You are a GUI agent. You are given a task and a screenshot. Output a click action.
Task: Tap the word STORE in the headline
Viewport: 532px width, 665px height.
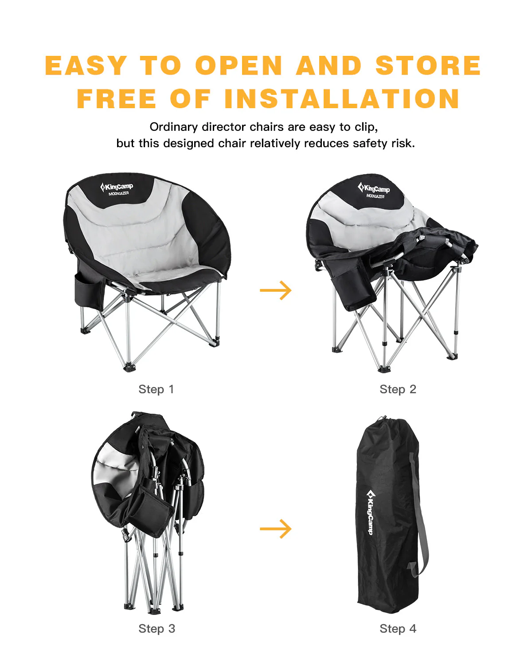point(428,66)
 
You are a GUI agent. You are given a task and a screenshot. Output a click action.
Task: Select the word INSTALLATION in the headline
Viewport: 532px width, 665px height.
point(342,98)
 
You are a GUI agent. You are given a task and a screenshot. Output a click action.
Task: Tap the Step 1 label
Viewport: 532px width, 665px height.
point(156,389)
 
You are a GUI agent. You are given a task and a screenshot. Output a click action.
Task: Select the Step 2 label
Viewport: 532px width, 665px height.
point(398,389)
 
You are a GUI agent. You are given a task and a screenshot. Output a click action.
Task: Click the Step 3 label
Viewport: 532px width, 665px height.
point(156,629)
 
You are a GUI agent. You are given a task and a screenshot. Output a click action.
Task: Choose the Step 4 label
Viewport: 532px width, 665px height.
point(398,629)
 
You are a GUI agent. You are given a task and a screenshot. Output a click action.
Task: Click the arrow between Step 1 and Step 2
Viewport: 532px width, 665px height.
point(275,290)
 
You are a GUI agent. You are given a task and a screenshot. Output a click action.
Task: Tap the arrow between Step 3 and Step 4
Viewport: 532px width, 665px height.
point(275,528)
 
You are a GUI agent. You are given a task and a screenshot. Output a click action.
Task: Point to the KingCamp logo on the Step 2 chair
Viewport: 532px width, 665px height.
point(374,190)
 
